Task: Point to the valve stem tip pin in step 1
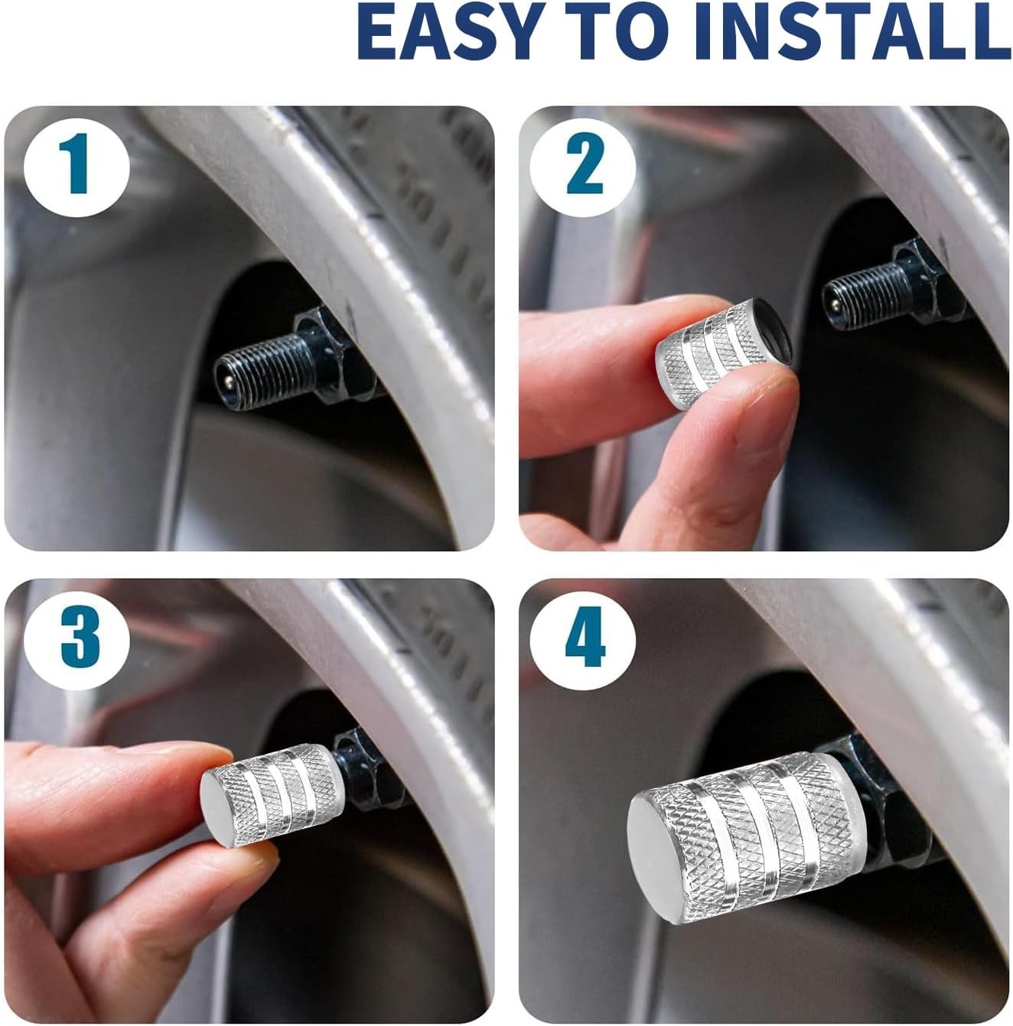228,380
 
